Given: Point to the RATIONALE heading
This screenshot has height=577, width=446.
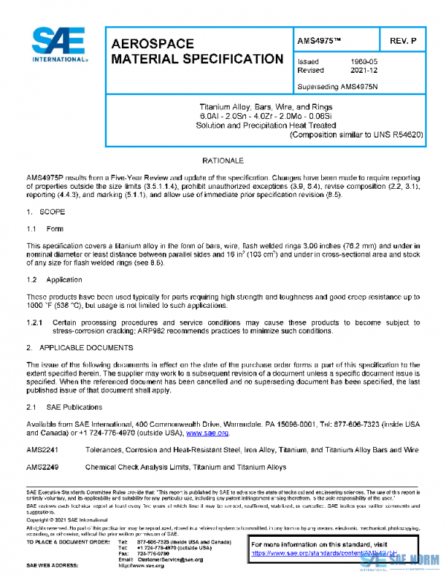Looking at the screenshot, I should (223, 161).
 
